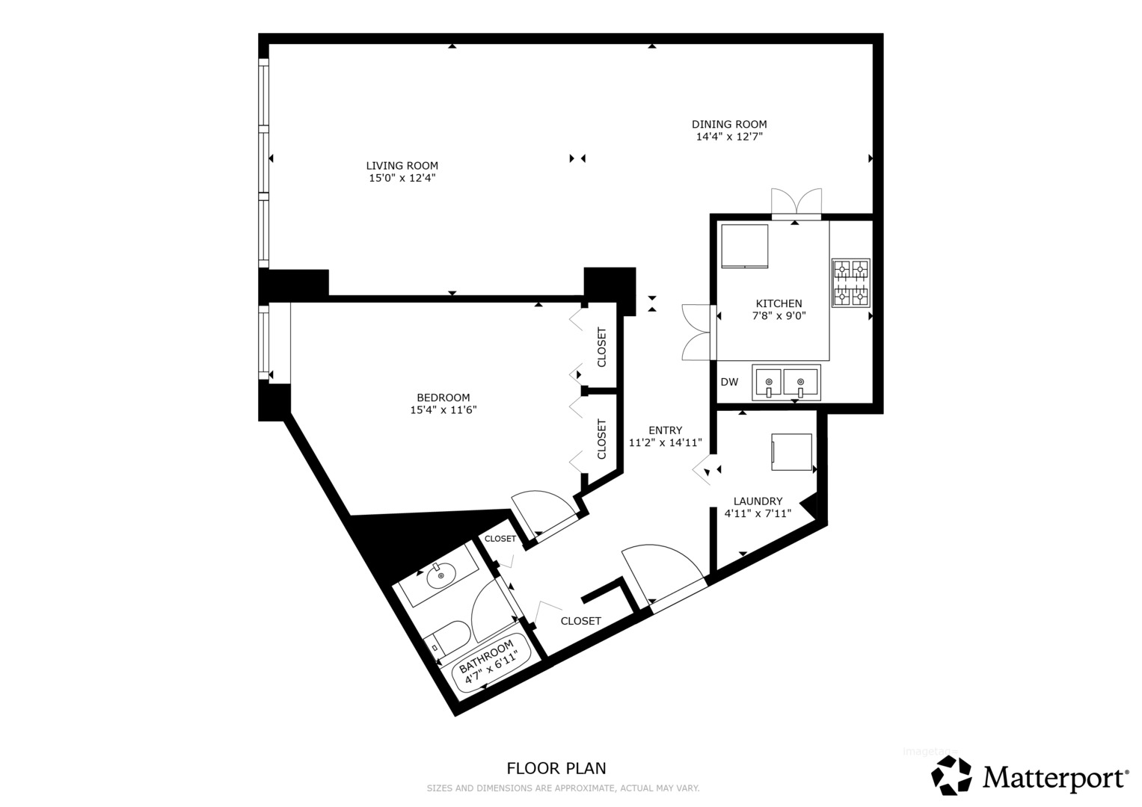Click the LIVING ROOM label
click(x=402, y=166)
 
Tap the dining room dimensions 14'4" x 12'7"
click(x=729, y=137)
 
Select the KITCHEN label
click(x=779, y=303)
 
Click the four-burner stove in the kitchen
click(x=851, y=282)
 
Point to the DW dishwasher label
click(x=730, y=382)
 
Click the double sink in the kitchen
click(x=785, y=383)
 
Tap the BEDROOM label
click(x=443, y=398)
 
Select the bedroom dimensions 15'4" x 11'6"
click(x=443, y=409)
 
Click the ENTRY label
click(x=666, y=430)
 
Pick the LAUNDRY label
click(x=758, y=501)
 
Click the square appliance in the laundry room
click(x=791, y=452)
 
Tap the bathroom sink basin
click(x=441, y=576)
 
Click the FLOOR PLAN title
click(x=556, y=768)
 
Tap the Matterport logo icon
click(x=951, y=775)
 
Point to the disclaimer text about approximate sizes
click(x=563, y=788)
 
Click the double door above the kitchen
click(x=796, y=204)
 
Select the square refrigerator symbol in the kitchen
click(x=745, y=246)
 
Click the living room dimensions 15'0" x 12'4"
click(x=402, y=178)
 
